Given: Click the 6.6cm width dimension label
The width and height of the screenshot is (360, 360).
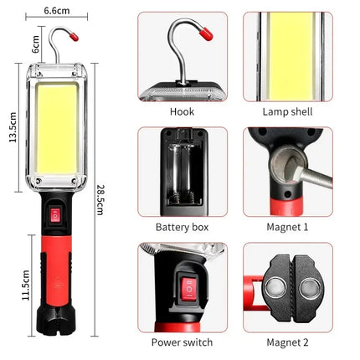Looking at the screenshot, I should tap(57, 12).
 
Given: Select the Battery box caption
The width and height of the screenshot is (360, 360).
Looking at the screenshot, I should tap(182, 227).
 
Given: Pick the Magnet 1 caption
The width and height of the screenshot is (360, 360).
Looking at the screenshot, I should tap(287, 227).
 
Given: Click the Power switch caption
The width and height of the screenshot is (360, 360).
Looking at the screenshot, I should tap(182, 342).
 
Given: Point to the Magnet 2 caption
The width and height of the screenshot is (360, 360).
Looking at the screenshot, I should tap(287, 342).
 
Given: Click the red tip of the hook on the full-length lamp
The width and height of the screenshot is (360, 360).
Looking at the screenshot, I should tap(75, 37).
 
